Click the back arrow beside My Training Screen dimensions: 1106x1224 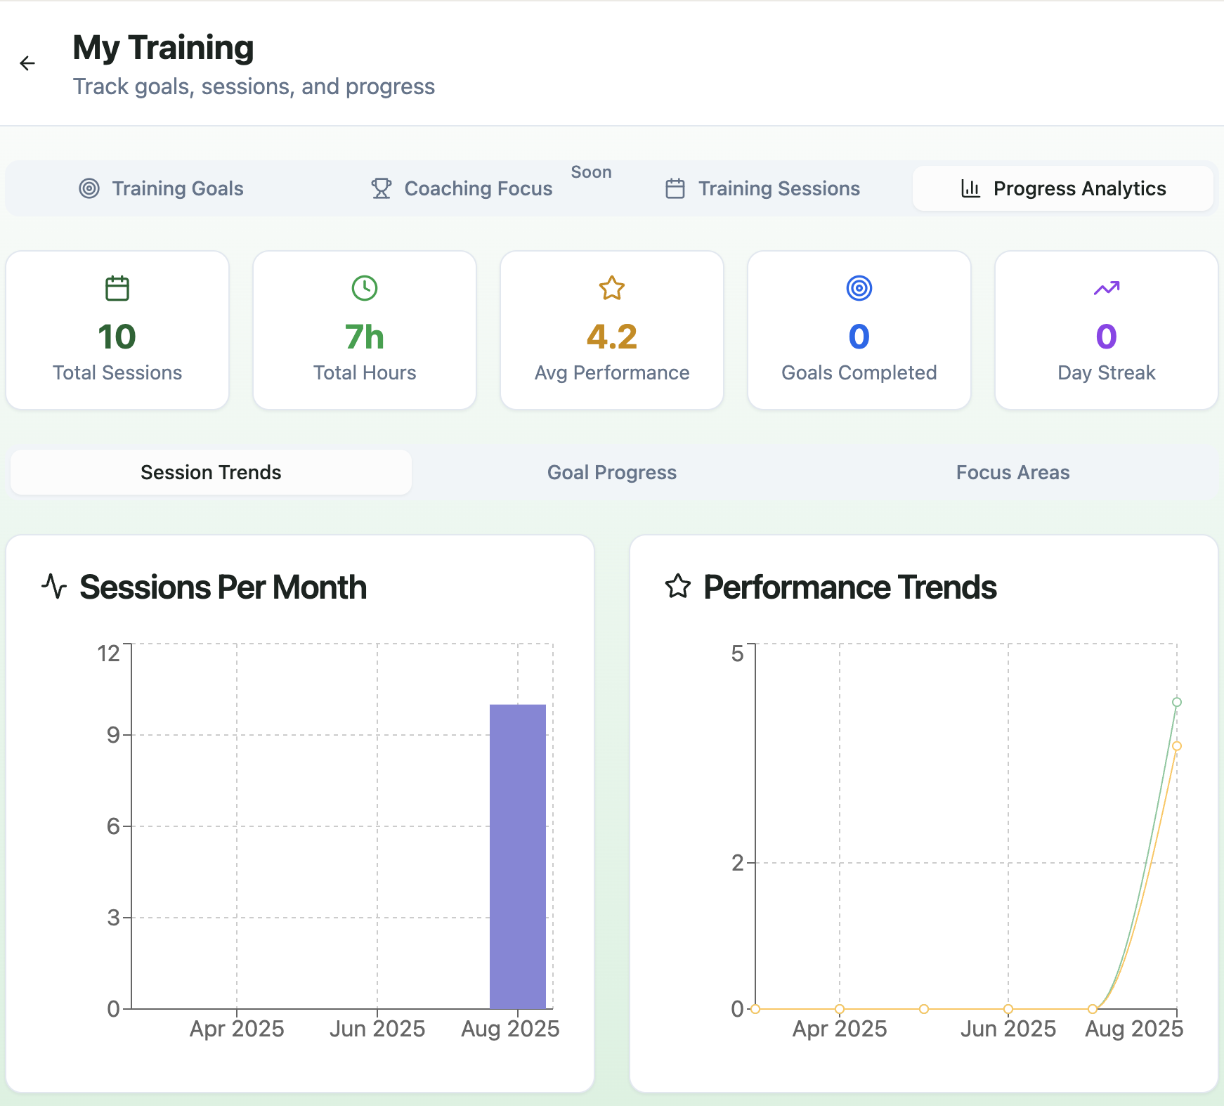point(27,63)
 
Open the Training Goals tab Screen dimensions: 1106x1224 point(161,188)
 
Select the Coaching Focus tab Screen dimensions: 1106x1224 point(462,188)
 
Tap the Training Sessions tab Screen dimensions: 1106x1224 point(762,188)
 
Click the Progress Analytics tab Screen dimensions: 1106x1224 point(1063,188)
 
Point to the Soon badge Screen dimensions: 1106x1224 point(591,172)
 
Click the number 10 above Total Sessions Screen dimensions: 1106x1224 point(117,337)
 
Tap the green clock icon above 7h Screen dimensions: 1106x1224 point(365,288)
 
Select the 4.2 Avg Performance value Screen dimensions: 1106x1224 point(611,337)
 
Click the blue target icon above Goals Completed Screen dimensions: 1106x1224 point(859,288)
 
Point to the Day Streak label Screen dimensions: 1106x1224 point(1106,372)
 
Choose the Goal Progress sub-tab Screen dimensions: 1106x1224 point(611,472)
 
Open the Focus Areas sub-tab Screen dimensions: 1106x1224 point(1013,472)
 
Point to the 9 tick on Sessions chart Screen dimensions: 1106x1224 point(113,735)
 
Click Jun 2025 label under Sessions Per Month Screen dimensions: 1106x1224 point(377,1029)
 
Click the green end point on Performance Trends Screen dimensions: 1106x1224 point(1177,702)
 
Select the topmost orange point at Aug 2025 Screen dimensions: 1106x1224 point(1177,746)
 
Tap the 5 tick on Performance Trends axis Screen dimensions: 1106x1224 point(737,653)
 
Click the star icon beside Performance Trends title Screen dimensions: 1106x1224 point(678,587)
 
